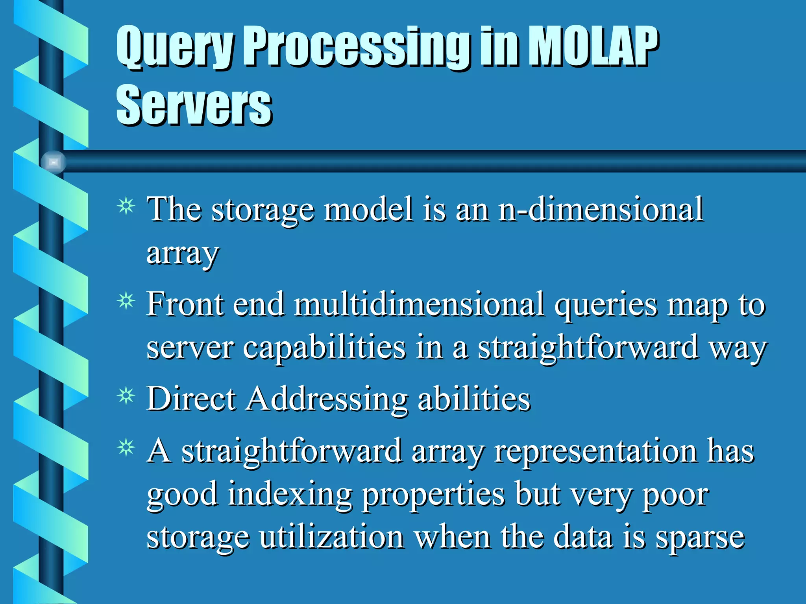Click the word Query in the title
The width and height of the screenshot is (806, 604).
(x=176, y=47)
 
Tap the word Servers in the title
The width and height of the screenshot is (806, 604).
(x=194, y=105)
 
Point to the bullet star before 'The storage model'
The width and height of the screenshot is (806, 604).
(x=126, y=206)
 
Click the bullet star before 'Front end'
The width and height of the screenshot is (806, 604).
(x=126, y=302)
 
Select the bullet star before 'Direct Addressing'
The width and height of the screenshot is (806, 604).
(x=126, y=396)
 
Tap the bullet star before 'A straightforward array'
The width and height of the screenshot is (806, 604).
(x=126, y=448)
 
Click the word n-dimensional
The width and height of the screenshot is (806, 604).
(x=601, y=209)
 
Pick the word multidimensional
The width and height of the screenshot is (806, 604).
(x=420, y=304)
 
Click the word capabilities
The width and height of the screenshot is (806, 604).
(x=324, y=348)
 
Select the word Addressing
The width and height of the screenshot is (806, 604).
(x=327, y=400)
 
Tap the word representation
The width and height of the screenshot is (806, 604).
(x=596, y=451)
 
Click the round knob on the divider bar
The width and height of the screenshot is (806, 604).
(x=54, y=162)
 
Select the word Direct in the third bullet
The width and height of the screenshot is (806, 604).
(x=191, y=400)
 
